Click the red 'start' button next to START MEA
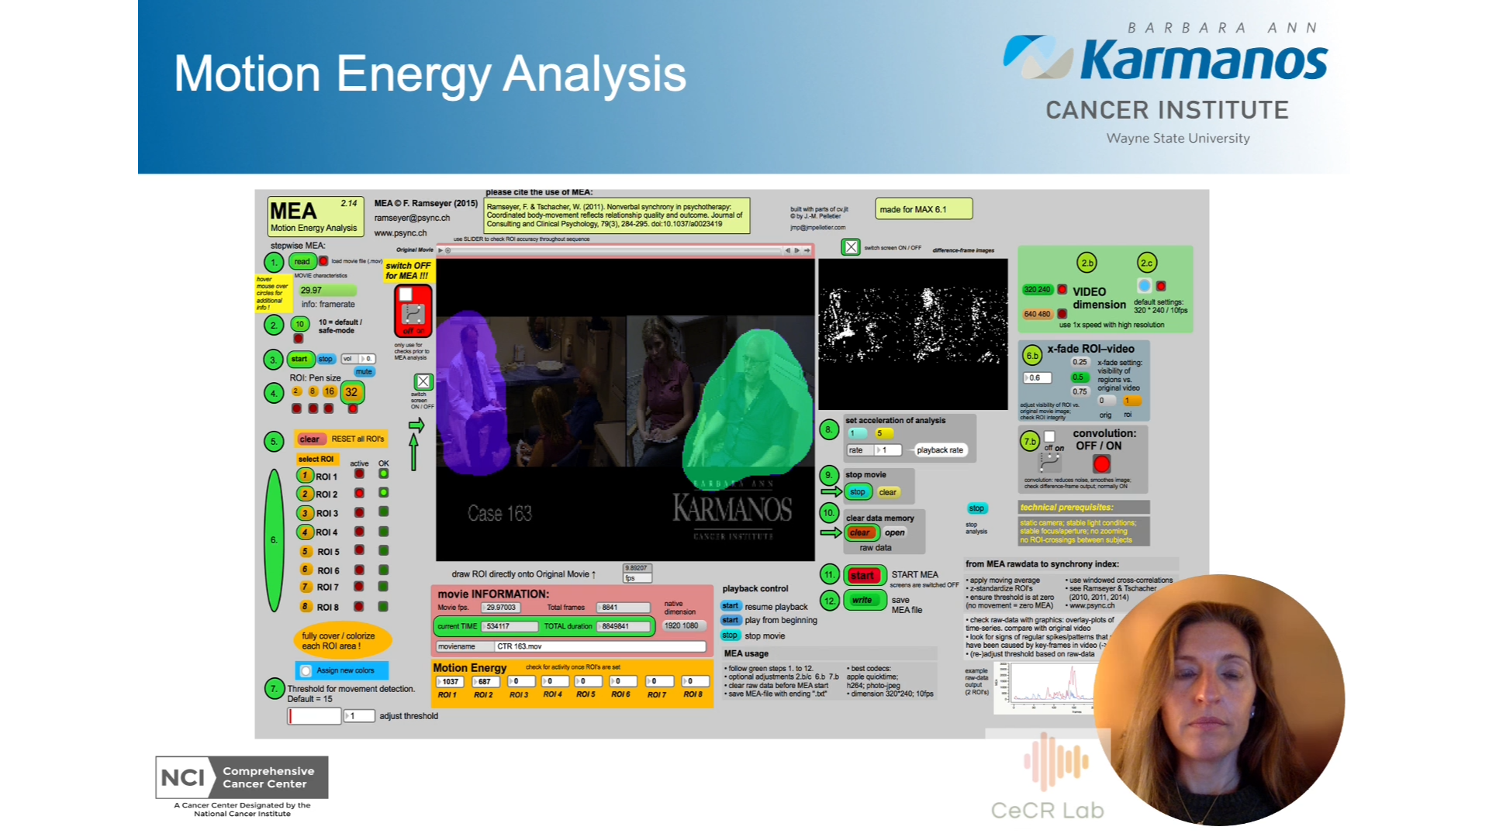(x=862, y=575)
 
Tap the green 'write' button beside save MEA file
(x=862, y=600)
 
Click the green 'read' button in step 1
(x=302, y=262)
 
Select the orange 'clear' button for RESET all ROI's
(x=309, y=439)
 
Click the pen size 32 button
(x=351, y=392)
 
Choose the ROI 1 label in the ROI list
(x=326, y=476)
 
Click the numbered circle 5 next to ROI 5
(x=306, y=551)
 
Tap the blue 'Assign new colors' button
(x=342, y=670)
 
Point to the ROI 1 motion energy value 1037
(x=450, y=682)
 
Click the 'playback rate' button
(x=939, y=450)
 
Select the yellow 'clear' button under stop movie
(x=887, y=492)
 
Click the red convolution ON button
(x=1101, y=464)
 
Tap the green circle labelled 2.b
(x=1087, y=263)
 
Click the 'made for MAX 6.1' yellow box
(x=923, y=209)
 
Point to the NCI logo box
(x=242, y=777)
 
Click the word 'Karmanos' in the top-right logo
(x=1204, y=62)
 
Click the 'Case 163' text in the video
(x=499, y=513)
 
